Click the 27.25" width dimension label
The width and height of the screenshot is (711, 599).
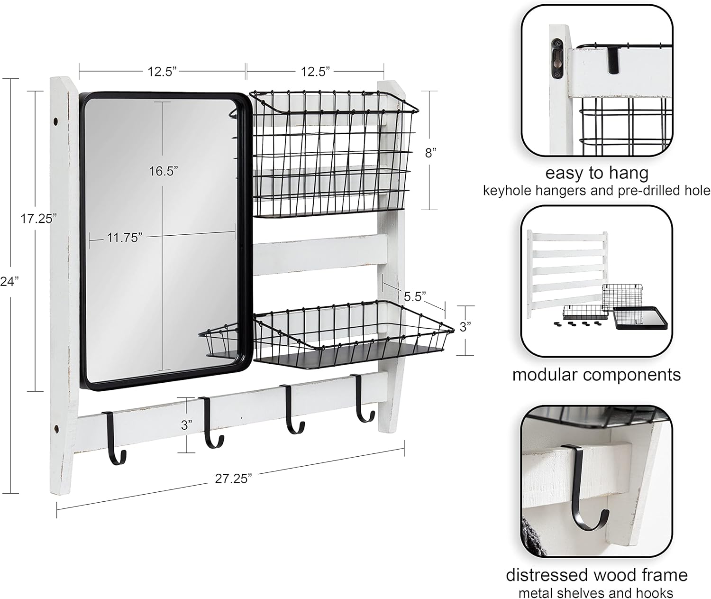coord(233,479)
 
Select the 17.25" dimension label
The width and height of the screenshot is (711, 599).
coord(38,219)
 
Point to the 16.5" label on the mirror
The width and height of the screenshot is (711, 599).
coord(164,171)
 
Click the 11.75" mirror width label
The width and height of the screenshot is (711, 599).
coord(124,238)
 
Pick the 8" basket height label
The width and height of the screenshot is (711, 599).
coord(430,153)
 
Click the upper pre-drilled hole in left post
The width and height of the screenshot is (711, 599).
coord(57,122)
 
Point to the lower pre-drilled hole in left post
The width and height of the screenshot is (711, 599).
coord(56,430)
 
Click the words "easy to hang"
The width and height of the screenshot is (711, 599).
coord(596,173)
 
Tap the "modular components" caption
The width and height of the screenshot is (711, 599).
coord(596,375)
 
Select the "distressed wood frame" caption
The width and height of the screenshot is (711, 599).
coord(596,575)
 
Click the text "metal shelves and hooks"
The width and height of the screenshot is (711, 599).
coord(596,593)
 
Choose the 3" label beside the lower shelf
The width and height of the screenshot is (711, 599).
coord(465,327)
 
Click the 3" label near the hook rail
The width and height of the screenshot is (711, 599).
coord(187,425)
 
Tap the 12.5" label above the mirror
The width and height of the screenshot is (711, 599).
coord(162,72)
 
